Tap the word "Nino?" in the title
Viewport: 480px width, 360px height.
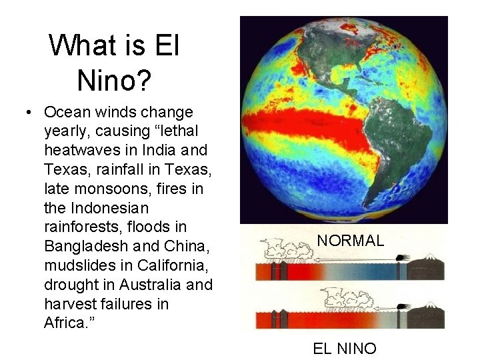point(115,80)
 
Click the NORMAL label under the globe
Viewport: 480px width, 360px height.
point(350,241)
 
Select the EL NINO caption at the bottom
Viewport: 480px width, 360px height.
point(344,348)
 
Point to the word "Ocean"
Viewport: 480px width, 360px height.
point(67,112)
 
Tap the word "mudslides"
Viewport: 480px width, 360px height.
point(75,265)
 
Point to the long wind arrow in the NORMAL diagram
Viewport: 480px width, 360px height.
point(347,261)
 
